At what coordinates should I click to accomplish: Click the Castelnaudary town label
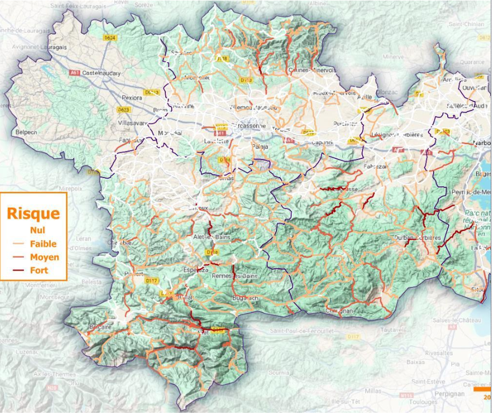(x=101, y=73)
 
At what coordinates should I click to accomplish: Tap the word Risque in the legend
(x=33, y=213)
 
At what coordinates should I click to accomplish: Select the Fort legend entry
(x=39, y=270)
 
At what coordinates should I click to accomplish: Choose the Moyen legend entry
(x=44, y=257)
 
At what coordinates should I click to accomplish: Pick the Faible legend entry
(x=43, y=244)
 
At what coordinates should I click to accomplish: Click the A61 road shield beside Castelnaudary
(x=75, y=73)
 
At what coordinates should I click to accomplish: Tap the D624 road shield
(x=110, y=38)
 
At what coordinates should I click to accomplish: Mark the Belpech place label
(x=26, y=132)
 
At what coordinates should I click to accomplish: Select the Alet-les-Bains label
(x=213, y=237)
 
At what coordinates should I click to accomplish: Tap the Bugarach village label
(x=244, y=298)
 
